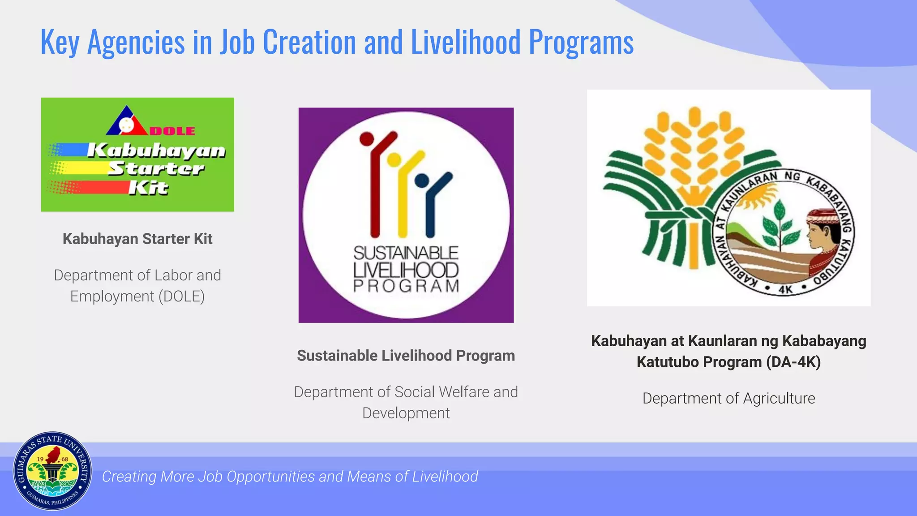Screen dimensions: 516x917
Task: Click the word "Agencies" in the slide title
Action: point(136,43)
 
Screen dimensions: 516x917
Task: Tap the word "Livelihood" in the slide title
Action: point(466,42)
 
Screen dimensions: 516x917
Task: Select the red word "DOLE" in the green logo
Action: point(172,131)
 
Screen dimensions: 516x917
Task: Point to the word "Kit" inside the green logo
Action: point(148,188)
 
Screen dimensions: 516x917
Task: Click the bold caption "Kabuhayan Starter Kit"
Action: point(137,239)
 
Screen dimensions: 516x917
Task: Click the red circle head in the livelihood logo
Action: point(367,139)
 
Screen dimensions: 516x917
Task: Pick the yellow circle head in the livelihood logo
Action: point(394,159)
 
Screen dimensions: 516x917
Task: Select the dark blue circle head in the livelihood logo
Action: point(422,181)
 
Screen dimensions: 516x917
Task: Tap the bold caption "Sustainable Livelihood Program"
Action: point(406,356)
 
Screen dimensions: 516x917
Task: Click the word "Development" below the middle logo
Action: point(406,413)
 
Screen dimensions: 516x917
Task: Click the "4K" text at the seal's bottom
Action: point(785,289)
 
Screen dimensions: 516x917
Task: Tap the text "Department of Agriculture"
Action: point(728,398)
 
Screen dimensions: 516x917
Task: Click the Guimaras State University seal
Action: point(53,471)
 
